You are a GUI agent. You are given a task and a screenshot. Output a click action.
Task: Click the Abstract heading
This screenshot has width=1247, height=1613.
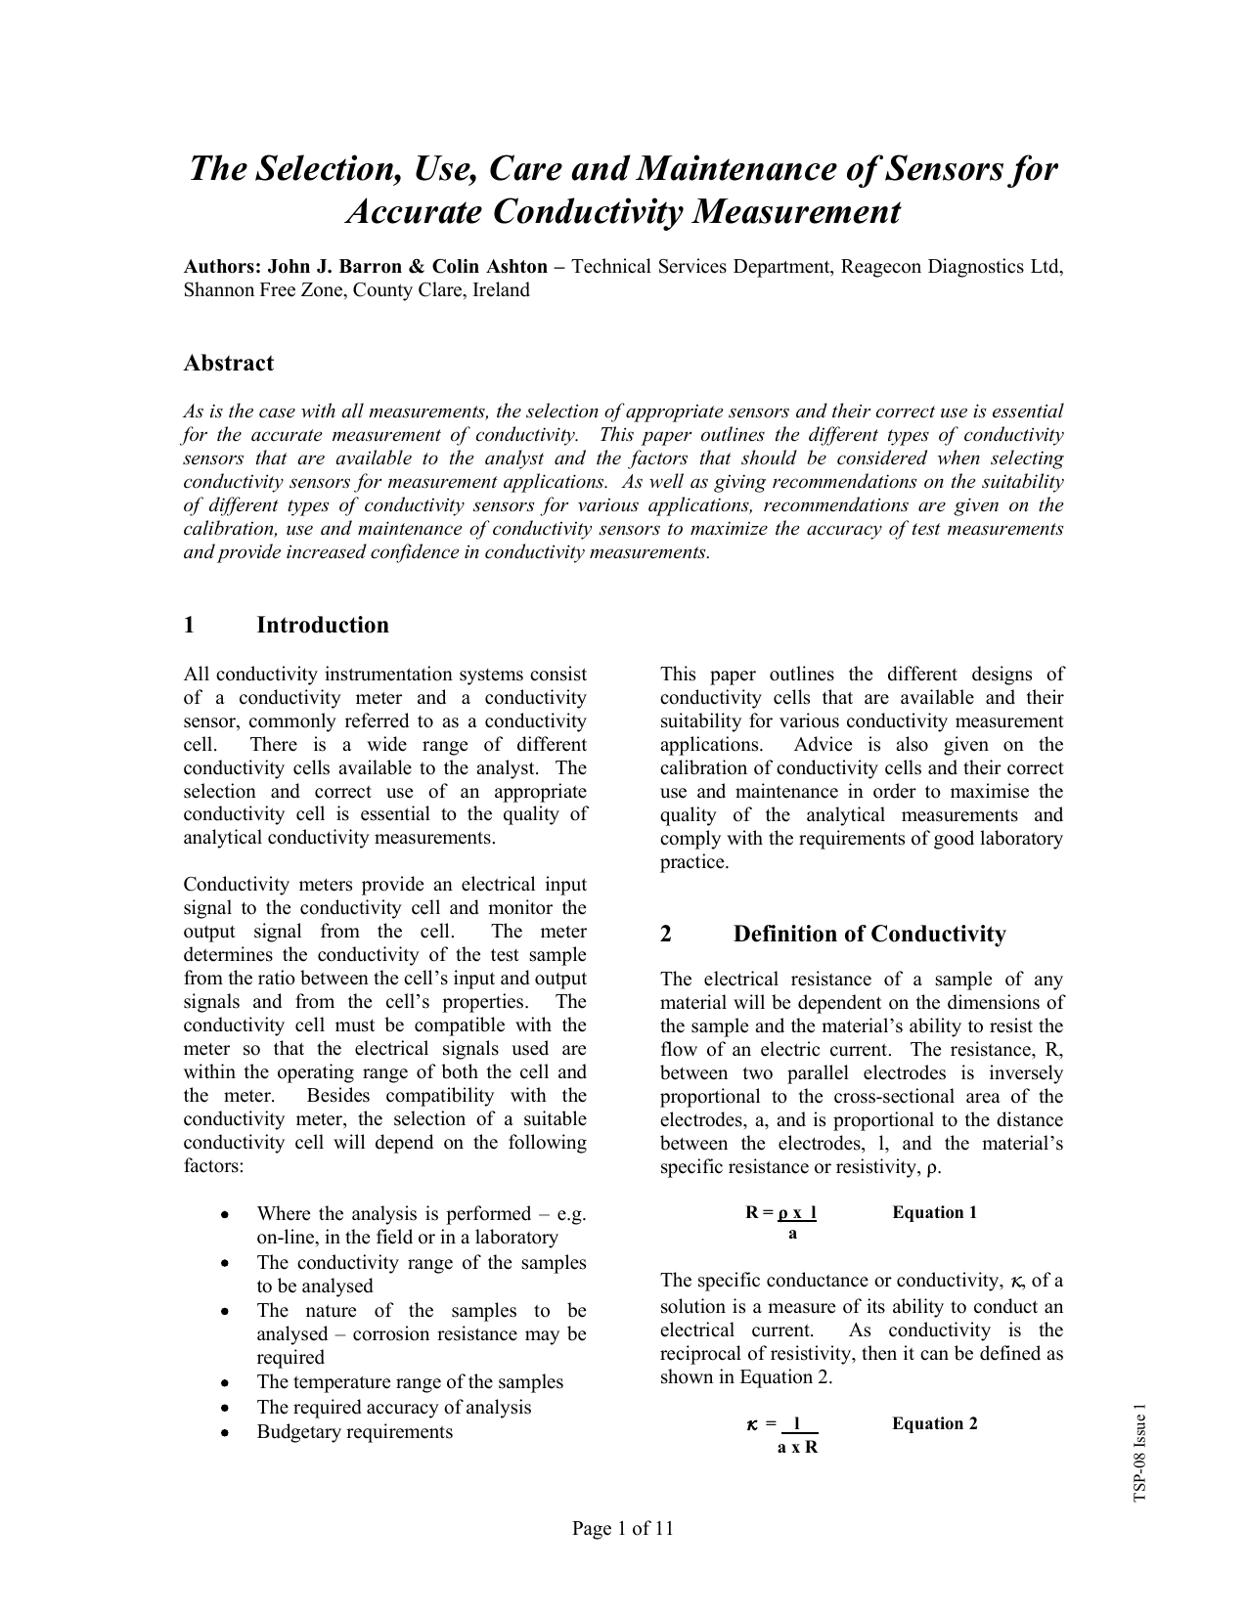click(x=228, y=364)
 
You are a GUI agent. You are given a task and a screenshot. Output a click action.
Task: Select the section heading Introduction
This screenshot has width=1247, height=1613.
click(x=322, y=626)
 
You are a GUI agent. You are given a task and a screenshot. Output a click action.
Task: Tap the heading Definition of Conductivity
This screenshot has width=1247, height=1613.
click(x=869, y=935)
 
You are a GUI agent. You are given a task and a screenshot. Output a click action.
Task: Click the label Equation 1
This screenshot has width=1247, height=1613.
click(x=934, y=1213)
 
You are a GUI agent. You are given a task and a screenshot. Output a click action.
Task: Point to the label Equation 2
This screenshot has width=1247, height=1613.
click(x=934, y=1423)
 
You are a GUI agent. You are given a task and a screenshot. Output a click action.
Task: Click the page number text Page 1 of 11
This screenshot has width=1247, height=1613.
click(x=623, y=1529)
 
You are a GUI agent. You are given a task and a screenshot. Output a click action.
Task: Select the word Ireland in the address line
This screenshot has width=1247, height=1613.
click(x=501, y=290)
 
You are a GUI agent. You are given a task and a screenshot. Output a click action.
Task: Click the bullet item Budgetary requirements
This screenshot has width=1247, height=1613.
click(x=354, y=1432)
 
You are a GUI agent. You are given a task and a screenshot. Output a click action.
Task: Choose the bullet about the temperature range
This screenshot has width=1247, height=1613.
click(x=410, y=1382)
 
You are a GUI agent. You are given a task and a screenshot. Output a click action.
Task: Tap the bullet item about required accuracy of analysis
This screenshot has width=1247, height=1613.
click(x=393, y=1408)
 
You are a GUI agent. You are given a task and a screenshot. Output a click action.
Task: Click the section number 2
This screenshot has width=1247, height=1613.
click(x=666, y=935)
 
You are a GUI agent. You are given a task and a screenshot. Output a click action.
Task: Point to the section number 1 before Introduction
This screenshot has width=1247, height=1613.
click(x=190, y=626)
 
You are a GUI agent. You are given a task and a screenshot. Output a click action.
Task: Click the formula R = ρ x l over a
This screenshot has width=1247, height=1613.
click(x=781, y=1222)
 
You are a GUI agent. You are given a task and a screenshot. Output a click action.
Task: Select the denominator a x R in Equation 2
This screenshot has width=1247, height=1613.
click(x=797, y=1447)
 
